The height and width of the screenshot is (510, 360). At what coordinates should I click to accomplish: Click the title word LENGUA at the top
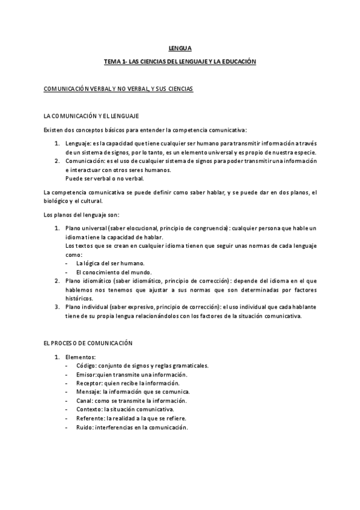click(180, 49)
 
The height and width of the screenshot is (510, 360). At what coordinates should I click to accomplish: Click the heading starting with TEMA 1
click(180, 61)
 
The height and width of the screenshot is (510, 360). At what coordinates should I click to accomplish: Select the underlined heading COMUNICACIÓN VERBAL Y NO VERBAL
click(118, 89)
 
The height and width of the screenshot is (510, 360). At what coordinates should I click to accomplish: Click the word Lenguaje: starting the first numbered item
click(78, 144)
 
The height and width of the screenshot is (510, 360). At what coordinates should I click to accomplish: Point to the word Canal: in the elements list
click(85, 401)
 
